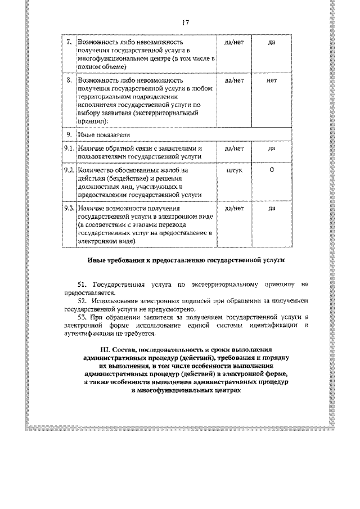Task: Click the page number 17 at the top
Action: tap(185, 23)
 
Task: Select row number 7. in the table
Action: tap(69, 42)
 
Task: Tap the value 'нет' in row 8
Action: tap(272, 80)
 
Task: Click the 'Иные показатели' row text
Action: tap(103, 135)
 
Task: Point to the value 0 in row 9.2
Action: tap(272, 170)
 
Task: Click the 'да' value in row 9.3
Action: tap(272, 209)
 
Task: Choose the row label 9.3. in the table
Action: tap(69, 209)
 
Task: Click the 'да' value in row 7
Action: tap(272, 42)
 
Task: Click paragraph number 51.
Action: tap(83, 285)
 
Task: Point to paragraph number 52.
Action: tap(83, 301)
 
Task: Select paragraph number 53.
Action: tap(83, 318)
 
